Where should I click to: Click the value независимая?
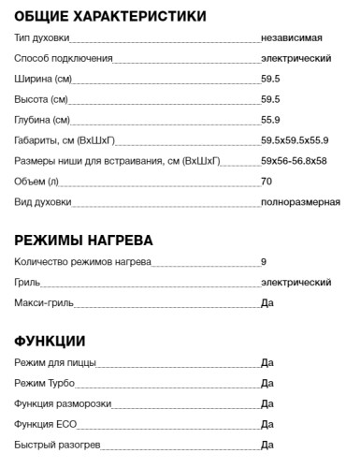click(292, 37)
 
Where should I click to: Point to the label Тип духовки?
click(42, 37)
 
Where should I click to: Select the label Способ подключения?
click(64, 58)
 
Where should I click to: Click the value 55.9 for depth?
click(270, 120)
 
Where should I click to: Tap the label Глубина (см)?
click(43, 120)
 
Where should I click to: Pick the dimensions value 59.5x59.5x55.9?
click(295, 140)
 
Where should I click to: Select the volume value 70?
click(266, 182)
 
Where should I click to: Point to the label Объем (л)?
click(38, 182)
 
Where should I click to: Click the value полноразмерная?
click(300, 202)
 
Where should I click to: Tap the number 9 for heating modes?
click(264, 262)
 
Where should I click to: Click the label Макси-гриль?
click(44, 303)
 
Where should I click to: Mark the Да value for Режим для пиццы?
click(266, 362)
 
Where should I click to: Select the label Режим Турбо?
click(45, 383)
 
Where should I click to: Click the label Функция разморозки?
click(64, 403)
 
